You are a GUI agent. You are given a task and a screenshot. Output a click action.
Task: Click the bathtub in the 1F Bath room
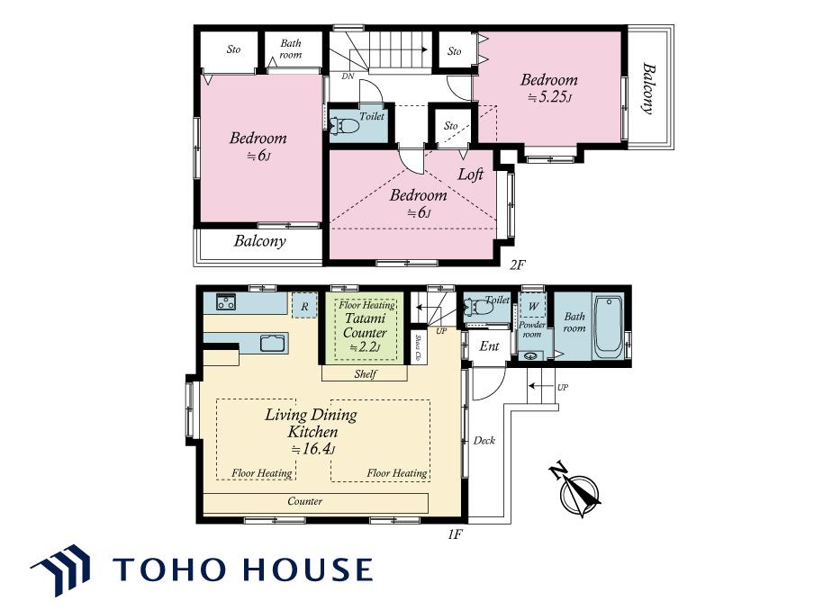pos(608,327)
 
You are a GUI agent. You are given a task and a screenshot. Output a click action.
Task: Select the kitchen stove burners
pos(226,302)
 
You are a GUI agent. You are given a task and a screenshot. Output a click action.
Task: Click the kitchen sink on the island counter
pos(273,344)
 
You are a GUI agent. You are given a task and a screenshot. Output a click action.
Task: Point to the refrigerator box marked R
pos(304,306)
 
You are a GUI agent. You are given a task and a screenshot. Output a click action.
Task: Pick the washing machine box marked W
pos(533,306)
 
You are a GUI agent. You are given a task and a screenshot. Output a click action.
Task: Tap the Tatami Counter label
pos(365,326)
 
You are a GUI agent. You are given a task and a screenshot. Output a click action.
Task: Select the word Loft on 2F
pos(471,175)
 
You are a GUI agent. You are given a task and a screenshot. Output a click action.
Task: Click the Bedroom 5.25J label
pos(549,87)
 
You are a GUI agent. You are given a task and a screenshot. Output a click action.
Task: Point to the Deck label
pos(484,440)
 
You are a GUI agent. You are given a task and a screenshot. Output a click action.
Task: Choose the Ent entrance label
pos(489,346)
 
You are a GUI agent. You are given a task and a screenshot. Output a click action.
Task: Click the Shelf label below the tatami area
pos(366,373)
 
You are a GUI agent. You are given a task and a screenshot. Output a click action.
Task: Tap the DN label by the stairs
pos(348,76)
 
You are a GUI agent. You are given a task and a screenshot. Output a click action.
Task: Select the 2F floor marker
pos(518,265)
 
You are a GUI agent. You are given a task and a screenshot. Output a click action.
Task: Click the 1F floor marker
pos(455,534)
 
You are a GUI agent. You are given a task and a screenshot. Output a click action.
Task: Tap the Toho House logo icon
pos(60,570)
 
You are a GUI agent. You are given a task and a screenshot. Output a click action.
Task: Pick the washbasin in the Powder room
pos(530,356)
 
